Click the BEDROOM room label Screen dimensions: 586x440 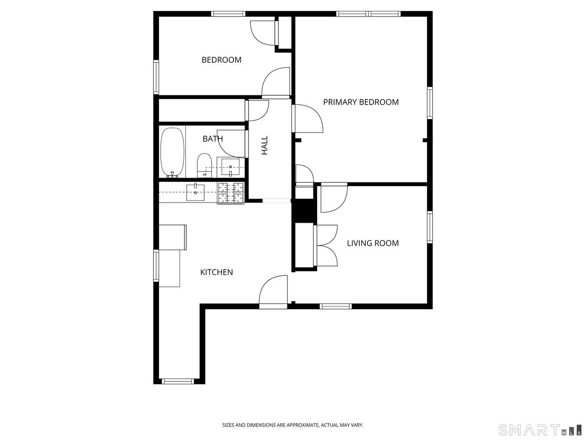click(221, 60)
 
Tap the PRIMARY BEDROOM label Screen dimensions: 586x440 click(361, 102)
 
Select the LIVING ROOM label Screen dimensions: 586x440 click(373, 243)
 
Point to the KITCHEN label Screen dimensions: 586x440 click(216, 272)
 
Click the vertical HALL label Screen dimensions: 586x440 click(264, 145)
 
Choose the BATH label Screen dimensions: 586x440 click(213, 139)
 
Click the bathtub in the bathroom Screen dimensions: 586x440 click(172, 152)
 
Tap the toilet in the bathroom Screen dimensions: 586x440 click(204, 165)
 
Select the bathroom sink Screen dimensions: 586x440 click(230, 167)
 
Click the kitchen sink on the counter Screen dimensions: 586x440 click(195, 192)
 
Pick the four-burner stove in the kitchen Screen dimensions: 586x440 click(231, 193)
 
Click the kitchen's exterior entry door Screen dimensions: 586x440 click(273, 292)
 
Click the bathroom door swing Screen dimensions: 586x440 click(232, 143)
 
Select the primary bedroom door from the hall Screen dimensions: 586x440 click(307, 118)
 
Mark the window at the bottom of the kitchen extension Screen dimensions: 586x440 click(178, 381)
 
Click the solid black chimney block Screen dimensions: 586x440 click(304, 211)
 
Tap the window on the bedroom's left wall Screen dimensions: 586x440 click(156, 77)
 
